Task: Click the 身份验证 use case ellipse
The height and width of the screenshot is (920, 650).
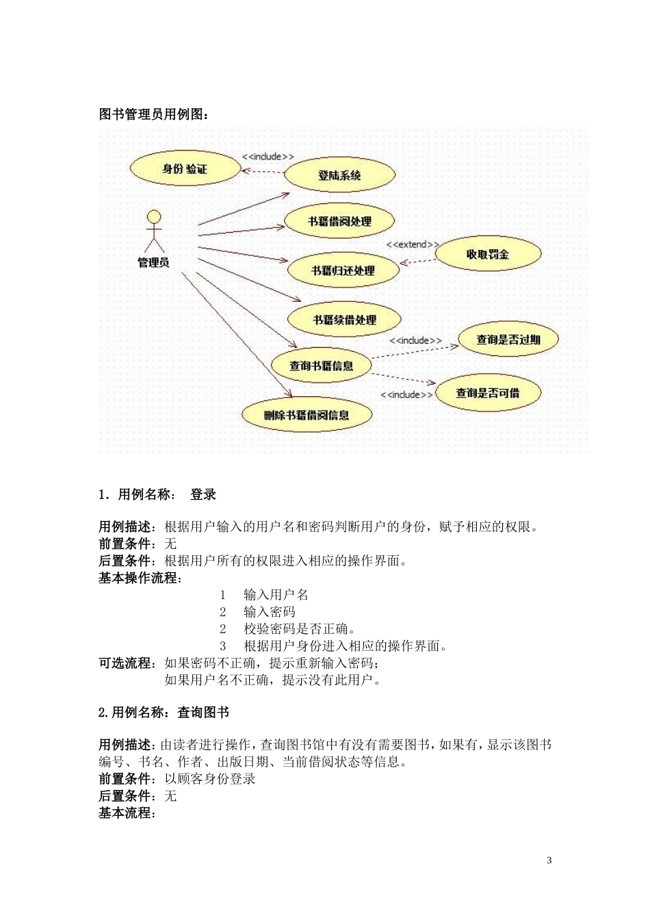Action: [185, 168]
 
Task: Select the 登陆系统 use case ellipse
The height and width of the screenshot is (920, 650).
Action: [339, 175]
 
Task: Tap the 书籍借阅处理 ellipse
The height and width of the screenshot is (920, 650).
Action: [339, 221]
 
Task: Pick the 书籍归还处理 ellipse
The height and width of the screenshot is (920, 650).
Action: [343, 270]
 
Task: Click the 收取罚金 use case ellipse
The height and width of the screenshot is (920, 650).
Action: [488, 254]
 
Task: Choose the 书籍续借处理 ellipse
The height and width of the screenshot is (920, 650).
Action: [344, 320]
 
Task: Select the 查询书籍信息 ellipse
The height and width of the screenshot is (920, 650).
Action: [321, 366]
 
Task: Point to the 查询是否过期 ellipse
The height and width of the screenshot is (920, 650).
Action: [508, 339]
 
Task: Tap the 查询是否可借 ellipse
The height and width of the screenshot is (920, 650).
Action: [487, 393]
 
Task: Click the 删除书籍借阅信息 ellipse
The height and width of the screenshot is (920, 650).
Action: [307, 415]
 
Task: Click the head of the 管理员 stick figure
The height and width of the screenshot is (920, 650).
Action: [155, 217]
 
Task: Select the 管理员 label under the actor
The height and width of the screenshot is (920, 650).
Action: [153, 262]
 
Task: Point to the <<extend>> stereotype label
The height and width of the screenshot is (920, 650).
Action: [412, 244]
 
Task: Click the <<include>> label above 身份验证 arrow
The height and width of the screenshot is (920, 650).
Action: [268, 157]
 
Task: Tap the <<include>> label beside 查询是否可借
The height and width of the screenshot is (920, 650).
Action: [406, 394]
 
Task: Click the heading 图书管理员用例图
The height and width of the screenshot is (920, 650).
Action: [154, 114]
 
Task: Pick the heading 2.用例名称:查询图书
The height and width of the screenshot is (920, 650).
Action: [164, 713]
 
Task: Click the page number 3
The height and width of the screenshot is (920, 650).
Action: [549, 860]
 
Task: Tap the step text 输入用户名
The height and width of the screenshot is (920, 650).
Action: [276, 595]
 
